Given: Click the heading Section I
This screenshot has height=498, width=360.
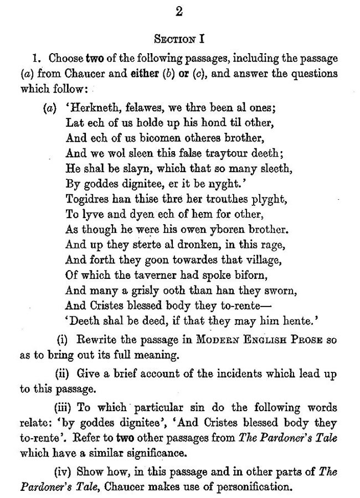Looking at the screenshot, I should click(178, 39).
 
